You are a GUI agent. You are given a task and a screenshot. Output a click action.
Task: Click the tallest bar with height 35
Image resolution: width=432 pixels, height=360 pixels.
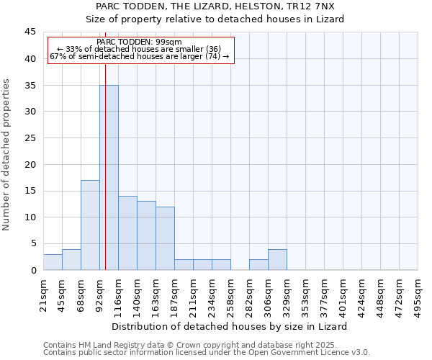[x=109, y=177]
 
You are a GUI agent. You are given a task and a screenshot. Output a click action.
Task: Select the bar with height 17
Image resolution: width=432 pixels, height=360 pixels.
[x=90, y=225]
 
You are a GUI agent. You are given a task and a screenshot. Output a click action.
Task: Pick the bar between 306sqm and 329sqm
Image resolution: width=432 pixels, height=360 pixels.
[x=277, y=259]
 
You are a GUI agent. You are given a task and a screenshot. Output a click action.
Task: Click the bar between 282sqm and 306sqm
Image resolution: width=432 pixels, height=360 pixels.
[x=258, y=264]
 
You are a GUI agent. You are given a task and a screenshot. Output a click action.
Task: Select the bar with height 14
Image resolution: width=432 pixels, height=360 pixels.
[x=127, y=233]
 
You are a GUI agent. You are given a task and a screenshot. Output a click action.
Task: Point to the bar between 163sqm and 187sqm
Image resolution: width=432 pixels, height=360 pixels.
[x=165, y=238]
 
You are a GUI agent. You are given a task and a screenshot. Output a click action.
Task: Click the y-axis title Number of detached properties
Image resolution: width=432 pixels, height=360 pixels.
[x=7, y=155]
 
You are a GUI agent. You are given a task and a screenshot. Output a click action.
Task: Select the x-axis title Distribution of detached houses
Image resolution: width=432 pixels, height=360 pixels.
[x=230, y=326]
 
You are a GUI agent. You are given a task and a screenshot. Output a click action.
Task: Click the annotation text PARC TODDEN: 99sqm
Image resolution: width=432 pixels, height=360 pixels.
[x=139, y=42]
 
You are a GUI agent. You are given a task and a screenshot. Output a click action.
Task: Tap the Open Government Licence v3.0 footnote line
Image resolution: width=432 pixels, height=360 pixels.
[x=207, y=353]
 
